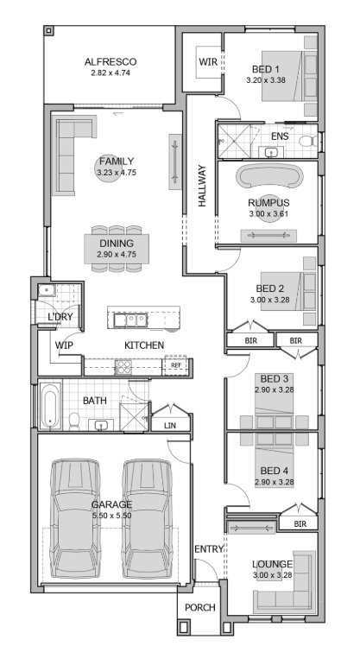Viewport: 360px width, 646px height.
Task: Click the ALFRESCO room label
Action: (x=111, y=62)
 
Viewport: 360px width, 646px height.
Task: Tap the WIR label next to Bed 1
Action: (x=208, y=62)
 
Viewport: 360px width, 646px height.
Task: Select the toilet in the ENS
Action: (x=308, y=141)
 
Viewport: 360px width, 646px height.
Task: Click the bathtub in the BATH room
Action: (x=50, y=406)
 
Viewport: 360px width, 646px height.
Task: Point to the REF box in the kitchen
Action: (x=176, y=365)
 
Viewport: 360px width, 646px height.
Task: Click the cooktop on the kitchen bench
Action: (x=123, y=366)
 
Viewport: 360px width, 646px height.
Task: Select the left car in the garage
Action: (x=75, y=520)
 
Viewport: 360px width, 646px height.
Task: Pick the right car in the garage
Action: (x=148, y=520)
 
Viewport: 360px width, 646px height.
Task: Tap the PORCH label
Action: (x=199, y=607)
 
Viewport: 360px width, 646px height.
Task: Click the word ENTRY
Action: (x=209, y=549)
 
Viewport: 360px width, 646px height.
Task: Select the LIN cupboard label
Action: (x=170, y=426)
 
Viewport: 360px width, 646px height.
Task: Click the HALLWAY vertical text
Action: (x=202, y=186)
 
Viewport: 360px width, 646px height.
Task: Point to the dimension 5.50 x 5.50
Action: (x=111, y=516)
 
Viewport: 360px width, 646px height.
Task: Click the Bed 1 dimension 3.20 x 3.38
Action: (x=266, y=80)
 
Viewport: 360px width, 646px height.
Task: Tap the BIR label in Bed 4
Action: (x=300, y=524)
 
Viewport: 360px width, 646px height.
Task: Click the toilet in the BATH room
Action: (x=74, y=421)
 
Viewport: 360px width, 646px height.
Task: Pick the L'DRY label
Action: (x=60, y=317)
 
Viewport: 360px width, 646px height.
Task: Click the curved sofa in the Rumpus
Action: (x=268, y=176)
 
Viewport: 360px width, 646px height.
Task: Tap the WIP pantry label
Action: (x=64, y=345)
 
